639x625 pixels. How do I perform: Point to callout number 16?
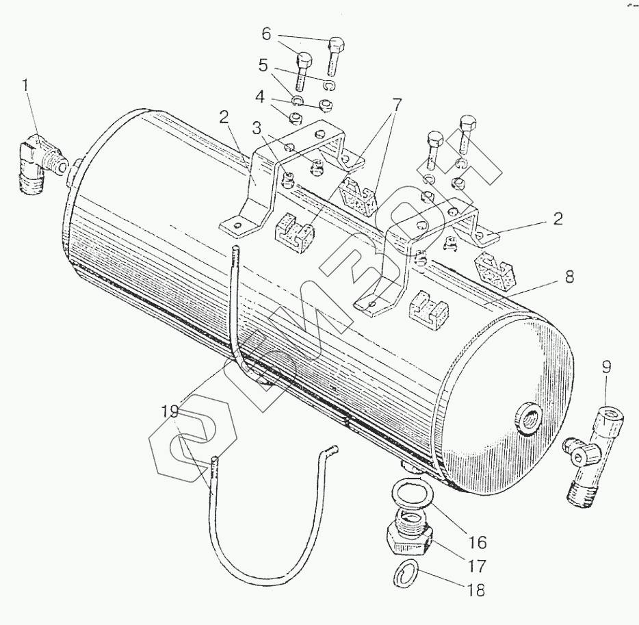pos(477,543)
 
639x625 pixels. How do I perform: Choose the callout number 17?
pos(477,567)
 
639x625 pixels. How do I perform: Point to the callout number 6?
pos(266,33)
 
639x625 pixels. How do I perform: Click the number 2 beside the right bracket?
pos(558,219)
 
